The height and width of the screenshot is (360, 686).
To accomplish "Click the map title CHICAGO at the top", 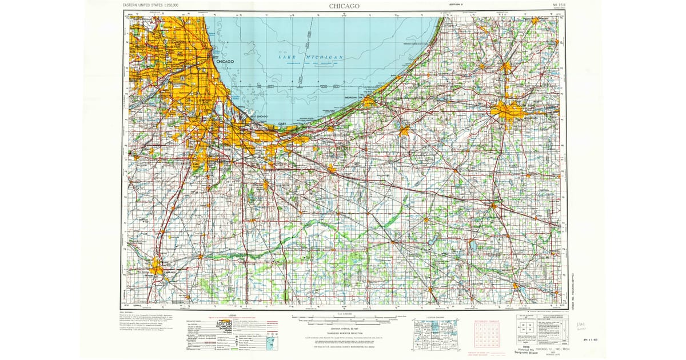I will (344, 6).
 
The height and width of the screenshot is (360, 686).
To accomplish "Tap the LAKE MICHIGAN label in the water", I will (311, 58).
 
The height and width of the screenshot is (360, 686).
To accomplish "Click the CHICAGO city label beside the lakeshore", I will (225, 61).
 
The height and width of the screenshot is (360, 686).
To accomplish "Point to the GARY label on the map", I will (282, 123).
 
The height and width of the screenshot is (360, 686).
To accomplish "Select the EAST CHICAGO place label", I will (258, 117).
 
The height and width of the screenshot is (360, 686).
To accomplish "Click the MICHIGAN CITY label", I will (354, 98).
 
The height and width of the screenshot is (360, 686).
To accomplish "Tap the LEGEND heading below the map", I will (232, 315).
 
